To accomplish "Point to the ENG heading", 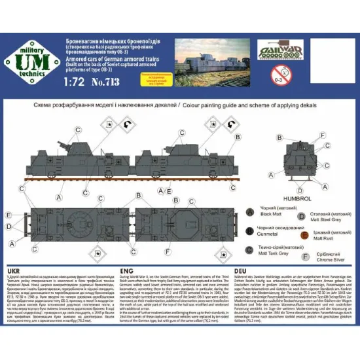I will (129, 270).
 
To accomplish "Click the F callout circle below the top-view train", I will (169, 251).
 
